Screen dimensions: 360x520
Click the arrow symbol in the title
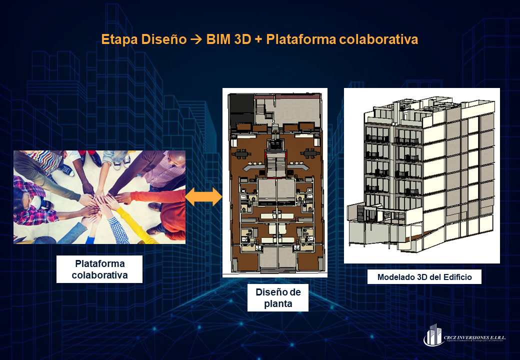197,40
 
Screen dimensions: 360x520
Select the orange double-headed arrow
203,197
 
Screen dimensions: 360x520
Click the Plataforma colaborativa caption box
99,269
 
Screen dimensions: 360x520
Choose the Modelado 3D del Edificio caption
424,277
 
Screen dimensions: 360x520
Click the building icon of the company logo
433,335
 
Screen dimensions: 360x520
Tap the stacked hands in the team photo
98,200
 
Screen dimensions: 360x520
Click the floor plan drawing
274,182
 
